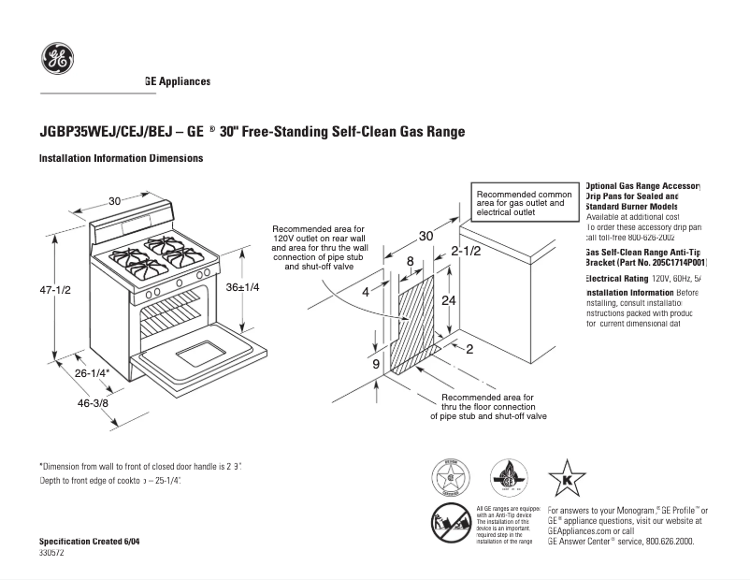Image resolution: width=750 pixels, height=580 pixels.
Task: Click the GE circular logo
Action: pyautogui.click(x=57, y=60)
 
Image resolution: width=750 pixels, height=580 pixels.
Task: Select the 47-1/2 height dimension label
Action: pyautogui.click(x=55, y=290)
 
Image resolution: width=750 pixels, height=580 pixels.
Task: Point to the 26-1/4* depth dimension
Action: pyautogui.click(x=93, y=373)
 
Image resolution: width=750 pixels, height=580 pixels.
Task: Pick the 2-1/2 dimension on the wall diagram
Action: pyautogui.click(x=466, y=252)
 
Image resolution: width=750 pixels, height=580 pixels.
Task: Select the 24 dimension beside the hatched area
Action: pyautogui.click(x=449, y=300)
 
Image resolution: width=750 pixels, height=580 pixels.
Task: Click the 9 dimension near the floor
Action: pyautogui.click(x=376, y=363)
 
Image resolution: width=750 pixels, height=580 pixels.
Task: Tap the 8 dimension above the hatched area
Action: pyautogui.click(x=410, y=261)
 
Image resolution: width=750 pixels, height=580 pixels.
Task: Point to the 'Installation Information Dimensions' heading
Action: pyautogui.click(x=121, y=159)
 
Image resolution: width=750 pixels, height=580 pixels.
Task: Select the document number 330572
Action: pyautogui.click(x=52, y=553)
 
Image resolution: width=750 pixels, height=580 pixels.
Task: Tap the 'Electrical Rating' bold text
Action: pyautogui.click(x=617, y=279)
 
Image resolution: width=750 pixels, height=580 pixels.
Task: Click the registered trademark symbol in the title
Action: pyautogui.click(x=212, y=129)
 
